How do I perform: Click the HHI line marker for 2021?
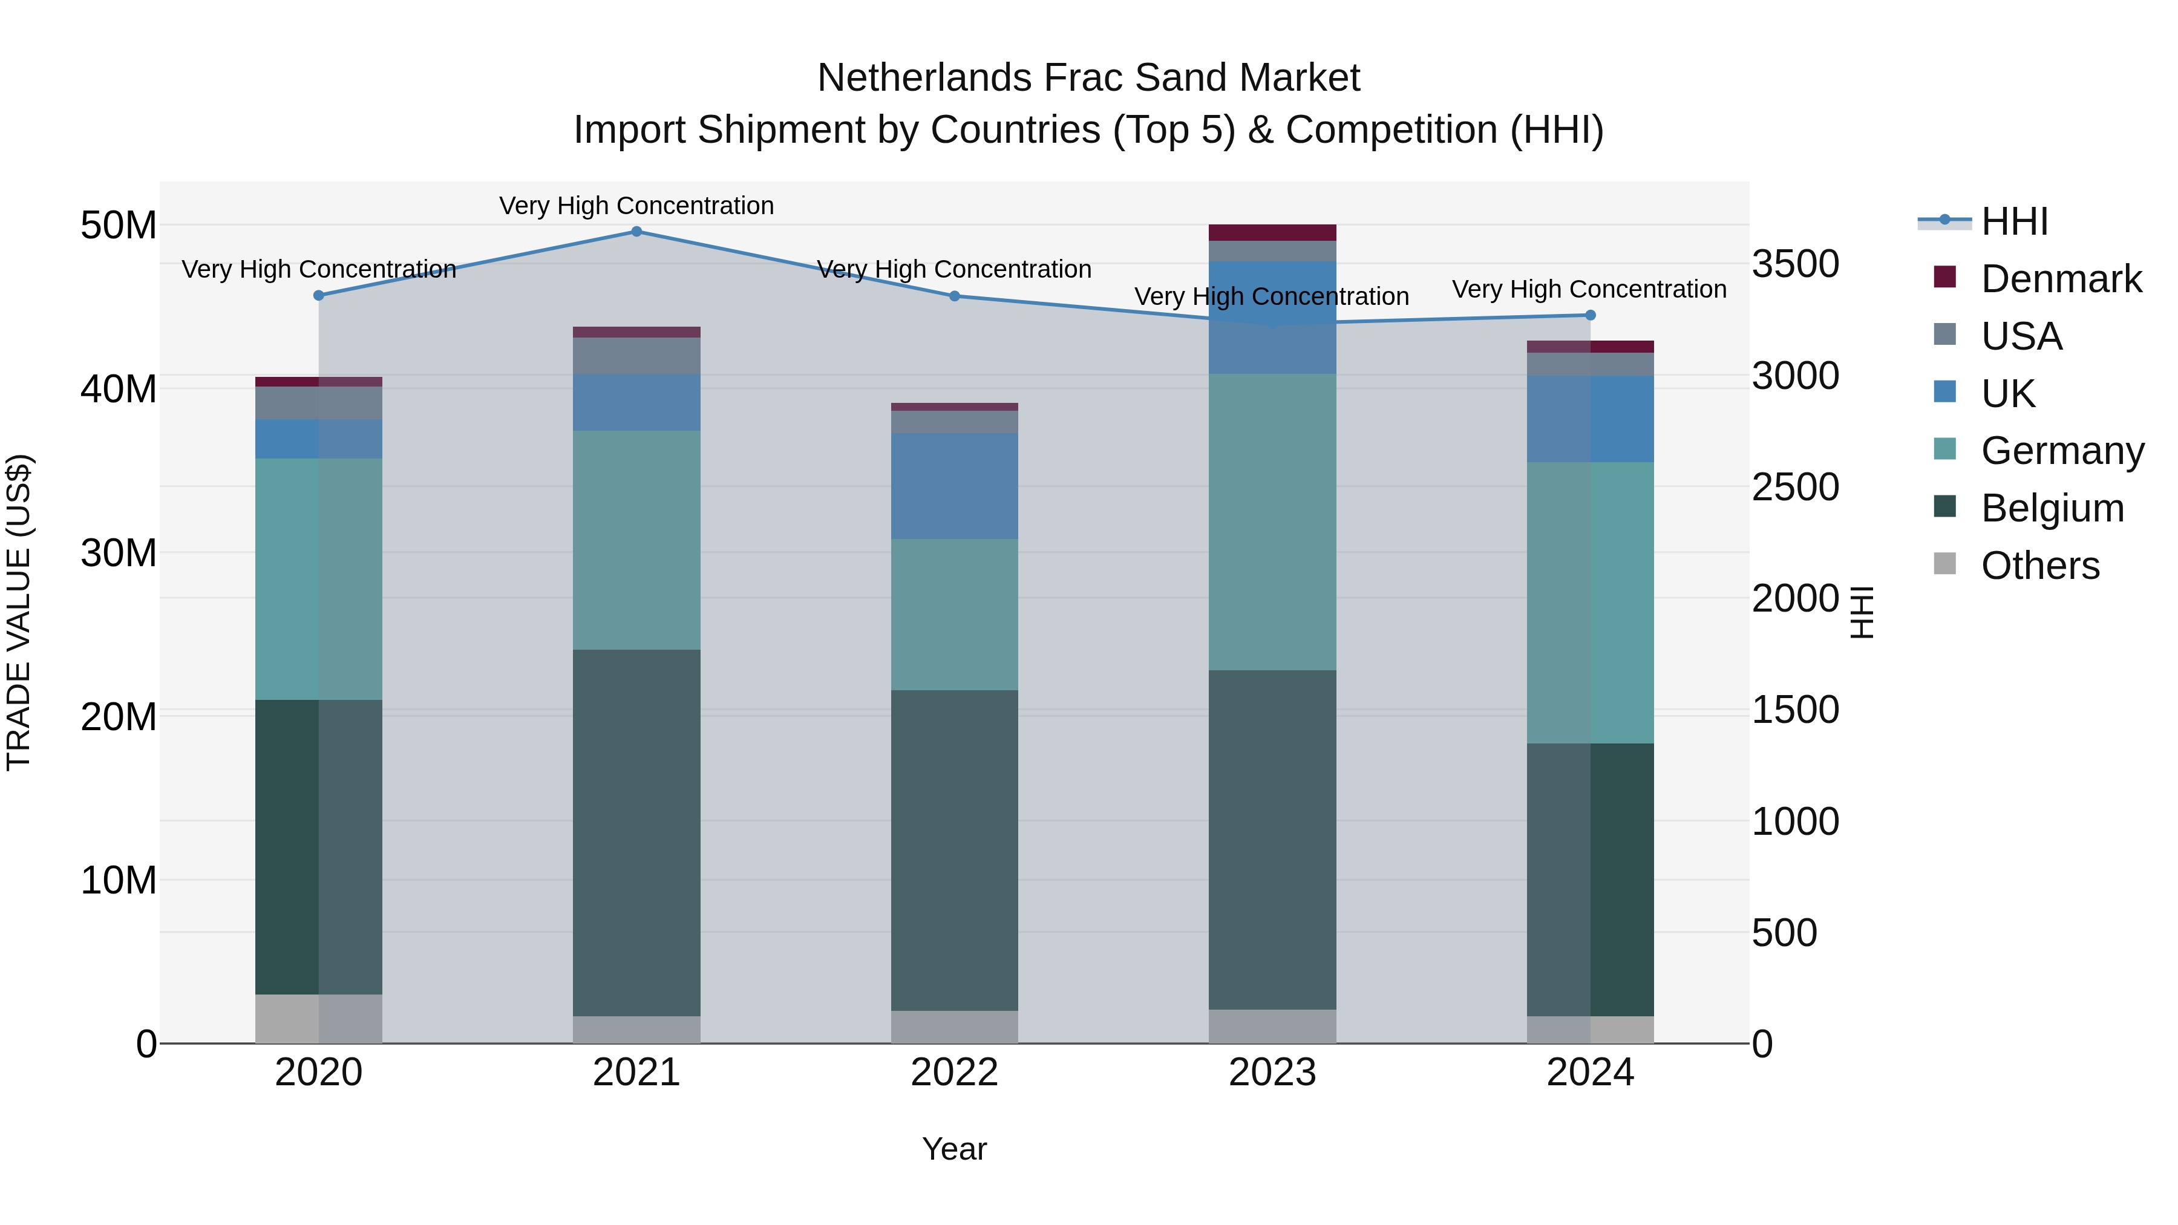coord(636,231)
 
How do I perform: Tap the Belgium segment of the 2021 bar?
coord(636,833)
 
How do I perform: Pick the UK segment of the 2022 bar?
coord(955,486)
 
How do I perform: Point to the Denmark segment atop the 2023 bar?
coord(1272,232)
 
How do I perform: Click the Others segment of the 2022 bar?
coord(955,1027)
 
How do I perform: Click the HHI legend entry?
coord(2014,221)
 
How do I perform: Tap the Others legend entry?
coord(2039,566)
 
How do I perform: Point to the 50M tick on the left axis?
coord(119,226)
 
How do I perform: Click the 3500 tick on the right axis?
coord(1795,264)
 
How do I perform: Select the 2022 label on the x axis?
coord(955,1073)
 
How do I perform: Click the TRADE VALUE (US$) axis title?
coord(19,612)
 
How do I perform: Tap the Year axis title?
coord(955,1149)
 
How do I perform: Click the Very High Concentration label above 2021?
coord(636,206)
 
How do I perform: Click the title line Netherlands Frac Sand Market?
coord(1088,78)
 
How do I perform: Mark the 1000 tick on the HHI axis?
coord(1795,821)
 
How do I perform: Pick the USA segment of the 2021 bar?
coord(636,356)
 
